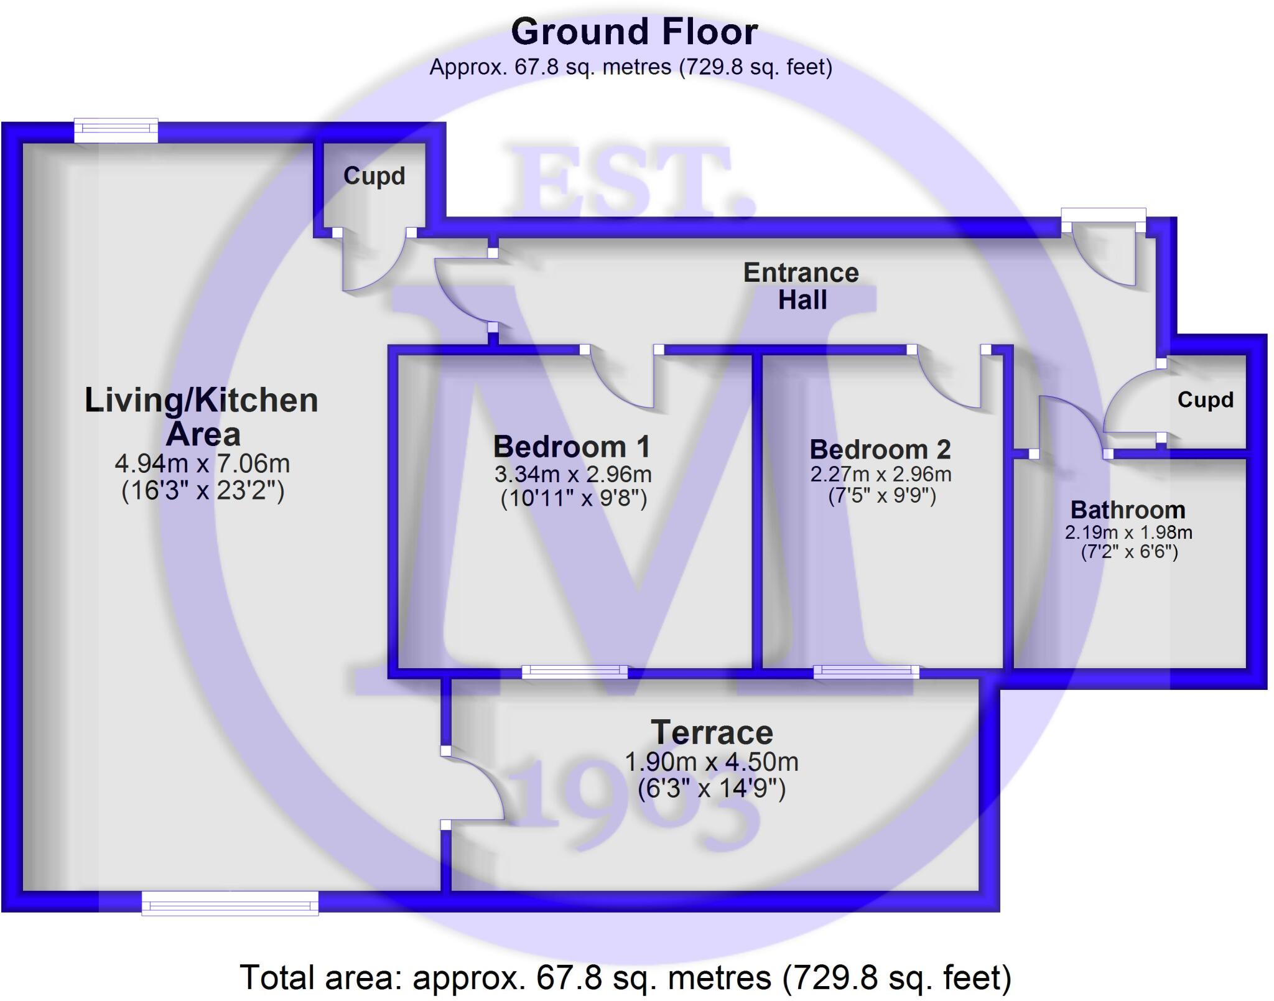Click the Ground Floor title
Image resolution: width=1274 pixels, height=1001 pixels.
(634, 32)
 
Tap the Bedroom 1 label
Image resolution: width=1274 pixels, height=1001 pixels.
(572, 447)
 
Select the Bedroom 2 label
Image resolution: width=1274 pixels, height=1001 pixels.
(880, 449)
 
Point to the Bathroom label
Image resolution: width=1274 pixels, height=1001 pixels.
(1128, 510)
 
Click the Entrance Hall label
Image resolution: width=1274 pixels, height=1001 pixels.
(801, 286)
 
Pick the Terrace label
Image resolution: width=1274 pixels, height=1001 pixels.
(712, 733)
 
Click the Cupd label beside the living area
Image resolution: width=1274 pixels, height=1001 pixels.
(374, 176)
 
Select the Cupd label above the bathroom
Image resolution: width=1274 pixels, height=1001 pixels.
(1205, 400)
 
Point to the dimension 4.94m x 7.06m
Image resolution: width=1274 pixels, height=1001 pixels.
(202, 463)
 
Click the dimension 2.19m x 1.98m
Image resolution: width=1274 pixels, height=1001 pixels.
(1128, 533)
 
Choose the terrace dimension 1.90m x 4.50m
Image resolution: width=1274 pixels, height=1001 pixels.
(711, 762)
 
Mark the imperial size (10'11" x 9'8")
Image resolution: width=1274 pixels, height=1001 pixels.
(574, 498)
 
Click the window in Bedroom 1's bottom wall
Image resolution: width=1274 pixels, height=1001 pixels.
(575, 671)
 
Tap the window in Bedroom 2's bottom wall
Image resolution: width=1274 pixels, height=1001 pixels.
(866, 671)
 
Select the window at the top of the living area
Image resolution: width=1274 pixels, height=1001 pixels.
(116, 129)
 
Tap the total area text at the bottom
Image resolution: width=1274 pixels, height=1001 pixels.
(625, 977)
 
